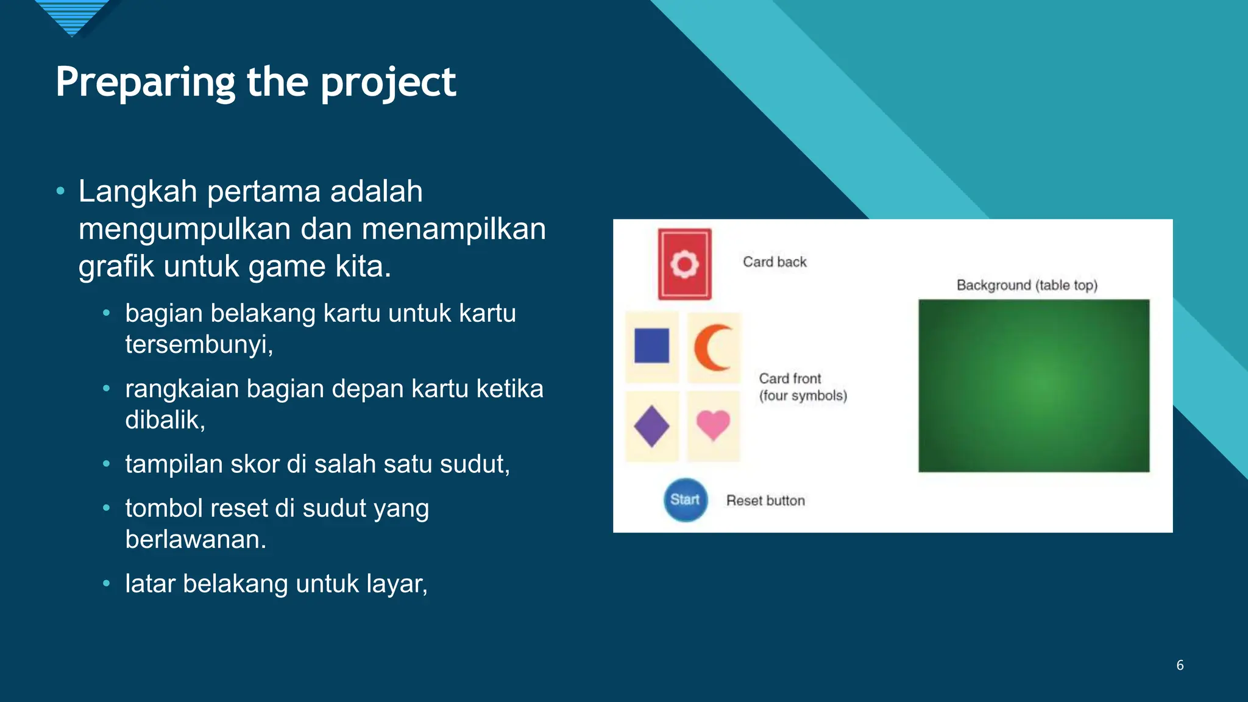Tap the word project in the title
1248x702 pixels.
click(388, 82)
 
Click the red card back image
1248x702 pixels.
click(684, 264)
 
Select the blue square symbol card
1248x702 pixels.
click(651, 346)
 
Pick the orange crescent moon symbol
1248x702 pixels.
click(712, 347)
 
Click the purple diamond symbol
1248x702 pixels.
click(651, 426)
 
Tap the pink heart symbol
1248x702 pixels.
click(713, 424)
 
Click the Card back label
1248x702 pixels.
click(774, 262)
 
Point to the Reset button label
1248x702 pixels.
click(765, 500)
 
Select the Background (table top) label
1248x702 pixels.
click(1027, 285)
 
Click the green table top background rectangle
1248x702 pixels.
click(1033, 385)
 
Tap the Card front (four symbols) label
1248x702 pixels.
click(802, 387)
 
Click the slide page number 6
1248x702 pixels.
click(1180, 665)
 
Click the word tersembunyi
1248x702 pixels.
click(199, 344)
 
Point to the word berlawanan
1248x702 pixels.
click(195, 539)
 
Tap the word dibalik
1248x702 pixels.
click(165, 420)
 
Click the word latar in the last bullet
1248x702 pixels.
click(150, 584)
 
